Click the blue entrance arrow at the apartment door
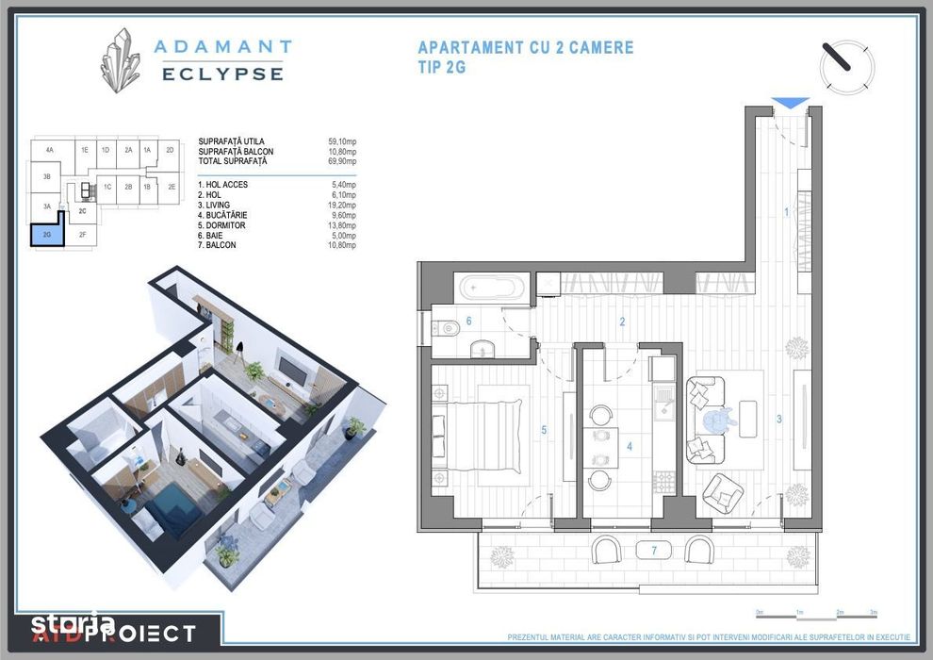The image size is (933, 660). click(x=790, y=104)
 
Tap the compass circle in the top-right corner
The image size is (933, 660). click(x=846, y=64)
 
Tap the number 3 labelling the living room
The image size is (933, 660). click(x=778, y=420)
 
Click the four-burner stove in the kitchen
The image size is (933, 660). click(x=663, y=481)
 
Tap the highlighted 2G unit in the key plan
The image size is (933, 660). click(x=47, y=234)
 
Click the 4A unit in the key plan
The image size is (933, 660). click(x=48, y=150)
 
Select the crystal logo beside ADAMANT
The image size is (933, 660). click(x=122, y=59)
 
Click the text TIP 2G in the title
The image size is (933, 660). click(x=441, y=67)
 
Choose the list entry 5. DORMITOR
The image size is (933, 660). click(x=225, y=225)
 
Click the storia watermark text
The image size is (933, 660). click(x=73, y=623)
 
